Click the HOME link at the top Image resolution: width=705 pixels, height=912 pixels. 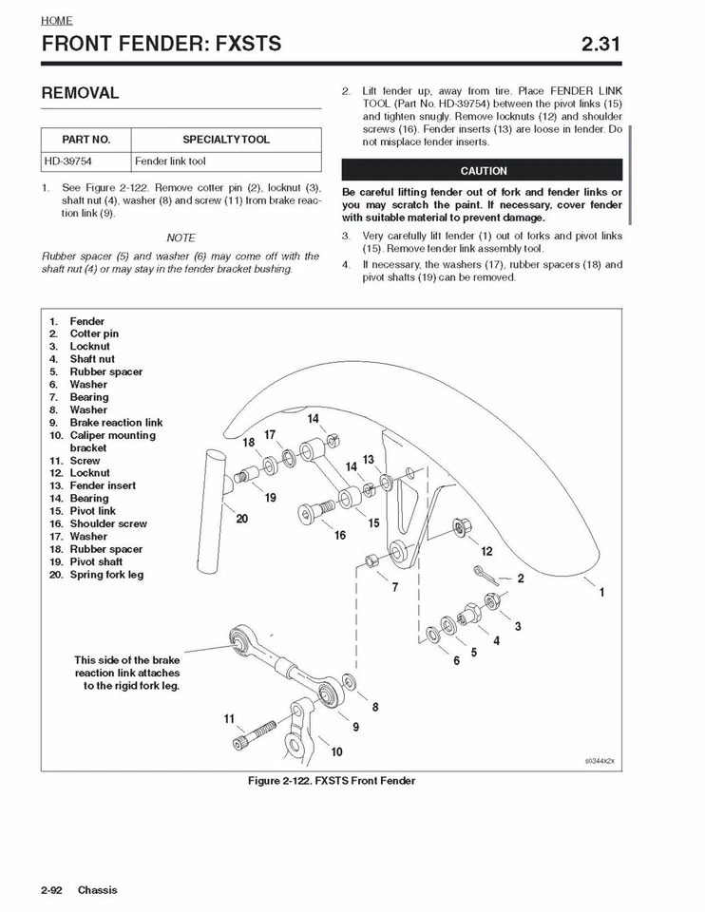57,20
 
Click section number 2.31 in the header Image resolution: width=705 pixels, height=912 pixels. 601,43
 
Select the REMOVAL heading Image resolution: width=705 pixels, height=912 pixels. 80,93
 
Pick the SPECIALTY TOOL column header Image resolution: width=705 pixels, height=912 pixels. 225,139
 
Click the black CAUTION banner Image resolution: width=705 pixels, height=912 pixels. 483,171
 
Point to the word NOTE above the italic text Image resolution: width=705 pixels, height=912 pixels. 181,237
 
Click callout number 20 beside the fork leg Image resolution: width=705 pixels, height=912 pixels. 241,519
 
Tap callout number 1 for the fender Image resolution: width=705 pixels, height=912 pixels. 601,593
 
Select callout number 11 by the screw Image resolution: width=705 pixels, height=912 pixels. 229,719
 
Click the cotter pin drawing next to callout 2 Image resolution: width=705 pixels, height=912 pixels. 486,572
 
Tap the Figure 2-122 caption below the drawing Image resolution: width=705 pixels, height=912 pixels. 331,781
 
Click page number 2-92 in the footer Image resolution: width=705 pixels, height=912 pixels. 51,890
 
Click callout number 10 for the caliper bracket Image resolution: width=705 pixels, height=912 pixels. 336,752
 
